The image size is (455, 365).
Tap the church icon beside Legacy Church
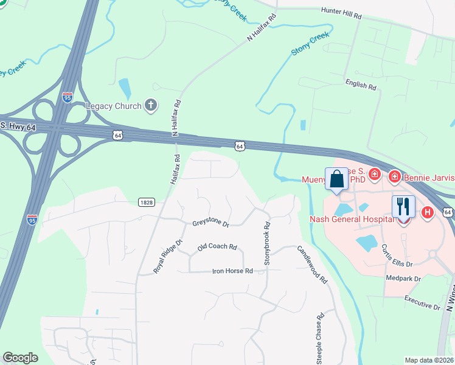point(151,106)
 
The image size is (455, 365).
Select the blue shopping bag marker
point(336,179)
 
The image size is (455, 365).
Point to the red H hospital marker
point(428,212)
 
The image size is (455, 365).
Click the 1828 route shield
point(145,202)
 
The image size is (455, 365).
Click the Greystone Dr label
point(210,224)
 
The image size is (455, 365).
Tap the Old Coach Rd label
point(217,247)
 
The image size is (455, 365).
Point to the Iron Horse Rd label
point(232,271)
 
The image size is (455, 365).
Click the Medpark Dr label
point(403,279)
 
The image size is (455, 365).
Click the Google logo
point(21,358)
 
